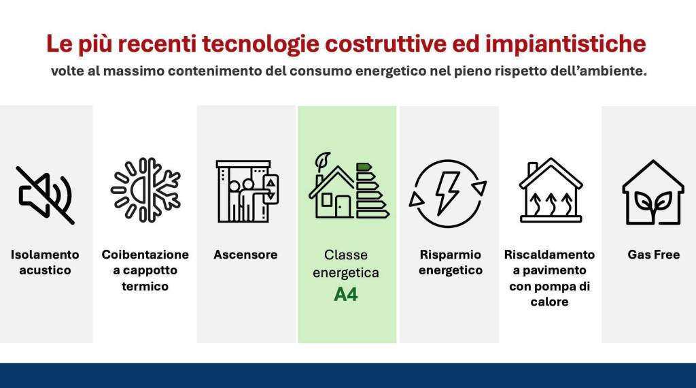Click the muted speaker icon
click(46, 195)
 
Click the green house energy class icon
click(349, 187)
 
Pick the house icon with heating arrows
click(550, 192)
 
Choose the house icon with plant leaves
click(652, 192)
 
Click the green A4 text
click(346, 295)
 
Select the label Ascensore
click(245, 255)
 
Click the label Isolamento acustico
click(45, 262)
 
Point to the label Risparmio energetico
click(450, 262)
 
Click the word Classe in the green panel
click(346, 255)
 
